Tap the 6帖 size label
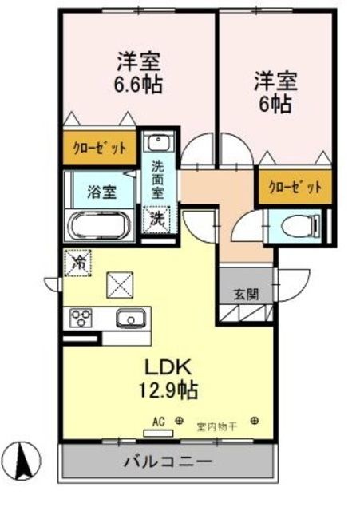[x=274, y=101]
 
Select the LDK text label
[x=168, y=369]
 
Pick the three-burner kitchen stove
[x=81, y=319]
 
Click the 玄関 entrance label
[x=245, y=293]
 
